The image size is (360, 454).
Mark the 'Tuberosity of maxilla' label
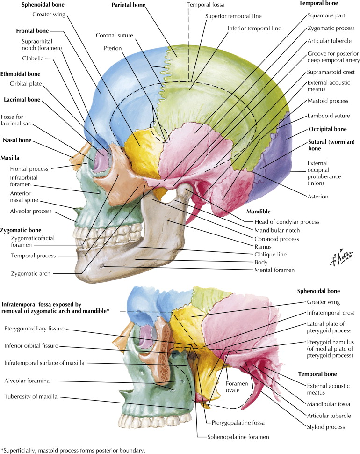pyautogui.click(x=31, y=397)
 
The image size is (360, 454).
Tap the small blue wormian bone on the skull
pyautogui.click(x=273, y=135)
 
